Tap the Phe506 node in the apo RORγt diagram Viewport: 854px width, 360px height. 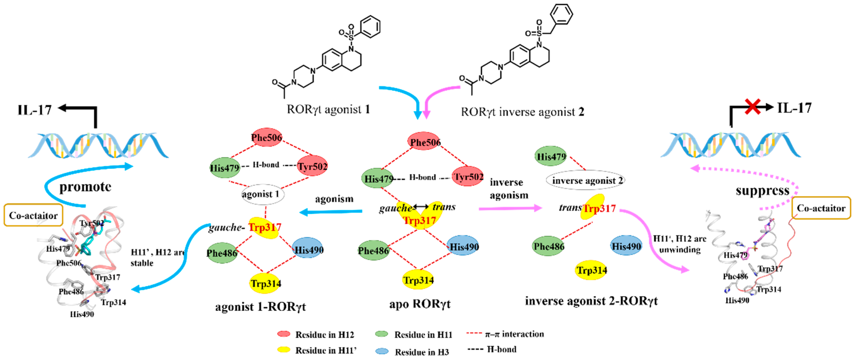pos(425,142)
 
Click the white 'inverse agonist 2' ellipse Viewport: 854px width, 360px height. pos(585,180)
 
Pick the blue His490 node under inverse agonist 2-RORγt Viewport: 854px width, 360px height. pos(626,246)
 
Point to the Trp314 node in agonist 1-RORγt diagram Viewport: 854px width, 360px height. pos(265,284)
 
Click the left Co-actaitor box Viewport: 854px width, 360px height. pos(33,215)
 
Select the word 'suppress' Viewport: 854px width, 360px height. pos(763,191)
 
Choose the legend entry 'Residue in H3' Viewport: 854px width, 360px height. pos(422,352)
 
